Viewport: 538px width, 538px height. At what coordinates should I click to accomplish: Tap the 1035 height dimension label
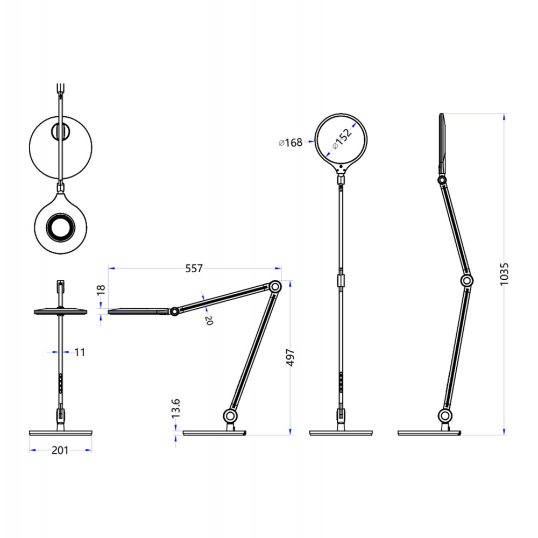coord(504,274)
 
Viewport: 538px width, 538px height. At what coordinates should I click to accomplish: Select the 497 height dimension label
coord(291,357)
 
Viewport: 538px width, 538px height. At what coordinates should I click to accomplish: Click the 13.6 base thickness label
coord(175,409)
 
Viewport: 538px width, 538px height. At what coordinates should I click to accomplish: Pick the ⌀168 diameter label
coord(291,143)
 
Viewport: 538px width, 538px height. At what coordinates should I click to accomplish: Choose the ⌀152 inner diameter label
coord(342,137)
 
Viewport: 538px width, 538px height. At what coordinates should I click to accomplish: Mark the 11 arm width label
coord(80,352)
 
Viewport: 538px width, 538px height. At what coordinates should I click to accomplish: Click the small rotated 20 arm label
coord(209,320)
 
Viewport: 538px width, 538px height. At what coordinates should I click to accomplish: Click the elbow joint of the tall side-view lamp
coord(467,280)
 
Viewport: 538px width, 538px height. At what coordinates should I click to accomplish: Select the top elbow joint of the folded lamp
coord(275,287)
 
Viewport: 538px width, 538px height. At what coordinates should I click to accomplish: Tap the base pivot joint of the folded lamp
coord(230,415)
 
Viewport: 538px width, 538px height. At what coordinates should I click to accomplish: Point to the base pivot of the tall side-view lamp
coord(444,415)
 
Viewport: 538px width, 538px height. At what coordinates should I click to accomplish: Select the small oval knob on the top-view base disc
coord(60,132)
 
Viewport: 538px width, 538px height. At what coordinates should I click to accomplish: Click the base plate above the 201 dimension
coord(60,433)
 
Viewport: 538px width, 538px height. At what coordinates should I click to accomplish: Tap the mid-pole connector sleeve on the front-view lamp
coord(341,280)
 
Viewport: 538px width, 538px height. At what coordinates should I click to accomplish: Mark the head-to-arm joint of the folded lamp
coord(174,311)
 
